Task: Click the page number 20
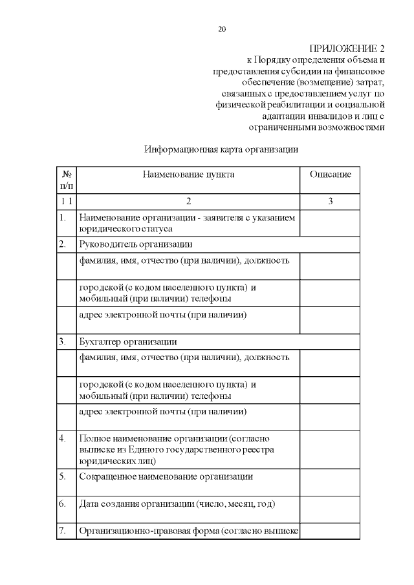point(223,30)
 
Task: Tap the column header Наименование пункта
point(188,175)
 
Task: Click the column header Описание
point(330,175)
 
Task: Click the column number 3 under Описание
point(330,202)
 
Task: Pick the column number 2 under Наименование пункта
point(188,202)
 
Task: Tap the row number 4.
point(62,438)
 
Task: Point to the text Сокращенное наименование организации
point(165,476)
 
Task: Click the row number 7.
point(62,531)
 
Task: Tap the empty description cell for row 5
point(330,482)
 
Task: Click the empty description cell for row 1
point(330,224)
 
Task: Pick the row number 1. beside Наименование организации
point(62,218)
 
